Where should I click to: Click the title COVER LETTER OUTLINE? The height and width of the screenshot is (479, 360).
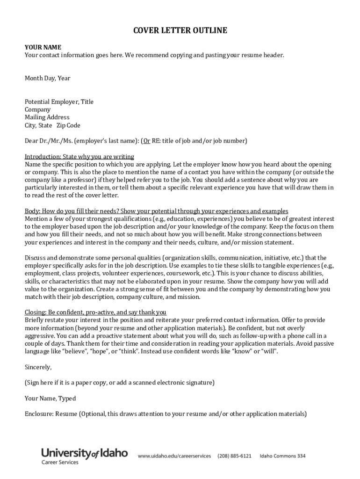tap(180, 31)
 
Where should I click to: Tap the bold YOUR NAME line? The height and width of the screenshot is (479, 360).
tap(43, 47)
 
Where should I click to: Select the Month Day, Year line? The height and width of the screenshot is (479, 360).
tap(47, 78)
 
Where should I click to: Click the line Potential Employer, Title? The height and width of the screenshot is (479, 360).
tap(59, 102)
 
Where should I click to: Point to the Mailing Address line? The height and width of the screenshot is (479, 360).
tap(47, 117)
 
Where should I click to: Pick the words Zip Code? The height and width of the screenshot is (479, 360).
tap(68, 125)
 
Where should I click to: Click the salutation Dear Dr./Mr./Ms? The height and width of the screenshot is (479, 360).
tap(49, 140)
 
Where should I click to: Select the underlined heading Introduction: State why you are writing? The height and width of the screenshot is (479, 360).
tap(79, 156)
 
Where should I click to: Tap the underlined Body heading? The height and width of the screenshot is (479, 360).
tap(156, 211)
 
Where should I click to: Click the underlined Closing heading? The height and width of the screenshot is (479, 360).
tap(95, 312)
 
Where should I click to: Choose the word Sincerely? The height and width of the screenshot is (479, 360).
tap(38, 367)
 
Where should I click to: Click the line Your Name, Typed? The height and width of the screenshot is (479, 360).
tap(50, 399)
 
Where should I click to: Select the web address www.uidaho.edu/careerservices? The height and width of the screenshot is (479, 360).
tap(174, 456)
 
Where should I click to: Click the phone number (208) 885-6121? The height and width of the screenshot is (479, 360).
tap(235, 456)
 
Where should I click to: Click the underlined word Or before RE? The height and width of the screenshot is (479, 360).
tap(146, 140)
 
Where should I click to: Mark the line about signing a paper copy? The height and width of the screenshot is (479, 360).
tap(119, 383)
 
